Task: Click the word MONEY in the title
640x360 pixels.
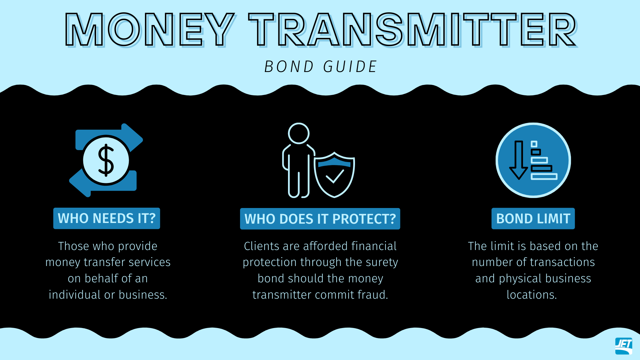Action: pos(150,30)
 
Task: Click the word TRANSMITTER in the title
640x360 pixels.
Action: pos(413,30)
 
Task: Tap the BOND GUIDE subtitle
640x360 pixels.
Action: pos(320,66)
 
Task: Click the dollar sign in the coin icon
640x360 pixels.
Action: pos(106,160)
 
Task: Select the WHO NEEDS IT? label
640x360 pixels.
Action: pos(107,218)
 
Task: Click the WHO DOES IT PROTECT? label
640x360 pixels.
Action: pos(320,219)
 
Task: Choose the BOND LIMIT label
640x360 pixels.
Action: pos(533,219)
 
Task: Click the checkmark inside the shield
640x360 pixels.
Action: pos(335,176)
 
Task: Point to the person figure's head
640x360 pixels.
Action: pos(299,133)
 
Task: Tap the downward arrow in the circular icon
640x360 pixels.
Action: pos(519,160)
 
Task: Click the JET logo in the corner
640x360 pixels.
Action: pos(624,346)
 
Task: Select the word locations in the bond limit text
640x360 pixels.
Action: pos(532,295)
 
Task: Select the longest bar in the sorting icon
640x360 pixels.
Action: pos(544,176)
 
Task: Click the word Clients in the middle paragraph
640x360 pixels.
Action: pos(262,246)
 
